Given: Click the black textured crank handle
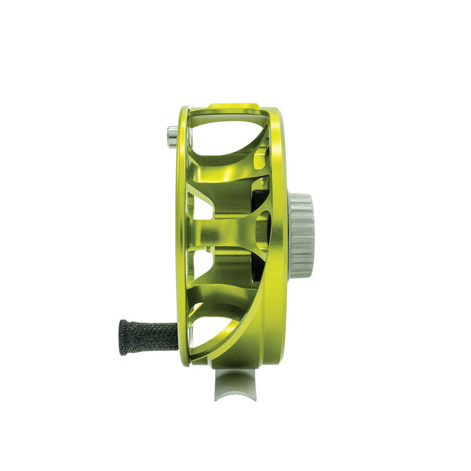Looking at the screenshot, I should point(147,337).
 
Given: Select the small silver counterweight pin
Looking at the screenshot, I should point(171,137).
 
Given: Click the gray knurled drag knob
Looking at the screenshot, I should point(301,235).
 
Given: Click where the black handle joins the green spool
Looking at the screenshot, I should point(178,335).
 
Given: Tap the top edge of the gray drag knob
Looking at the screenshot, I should point(301,196).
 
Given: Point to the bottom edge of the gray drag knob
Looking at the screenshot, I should point(301,275).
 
